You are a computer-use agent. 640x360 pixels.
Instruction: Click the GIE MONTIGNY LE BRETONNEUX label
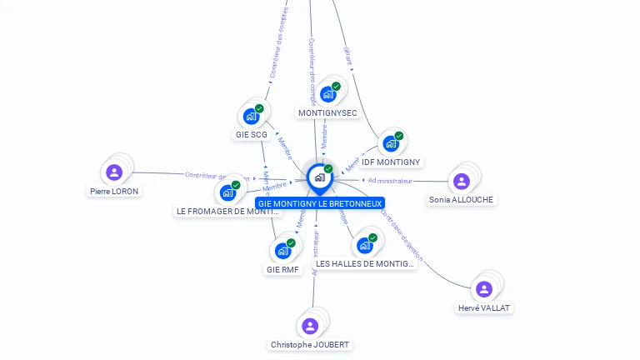point(320,203)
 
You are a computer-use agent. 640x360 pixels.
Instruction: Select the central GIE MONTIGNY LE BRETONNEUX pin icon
point(319,177)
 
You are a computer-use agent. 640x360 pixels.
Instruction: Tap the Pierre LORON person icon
point(115,172)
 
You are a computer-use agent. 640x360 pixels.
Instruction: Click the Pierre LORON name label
point(115,191)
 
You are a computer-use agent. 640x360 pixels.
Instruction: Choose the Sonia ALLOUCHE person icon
point(461,182)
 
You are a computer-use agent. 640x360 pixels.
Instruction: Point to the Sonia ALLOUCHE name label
point(462,200)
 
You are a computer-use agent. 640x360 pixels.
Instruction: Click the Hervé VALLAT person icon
point(484,289)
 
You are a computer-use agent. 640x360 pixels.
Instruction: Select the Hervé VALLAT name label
point(485,307)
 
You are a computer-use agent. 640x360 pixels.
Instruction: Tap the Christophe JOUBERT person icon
point(310,326)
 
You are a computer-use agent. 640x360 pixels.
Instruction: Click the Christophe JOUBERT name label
point(311,344)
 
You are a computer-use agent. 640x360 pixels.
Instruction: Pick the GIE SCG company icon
point(251,116)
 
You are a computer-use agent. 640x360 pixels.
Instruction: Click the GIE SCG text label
point(252,134)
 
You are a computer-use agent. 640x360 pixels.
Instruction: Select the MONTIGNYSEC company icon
point(327,93)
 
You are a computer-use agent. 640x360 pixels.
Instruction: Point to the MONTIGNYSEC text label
point(327,112)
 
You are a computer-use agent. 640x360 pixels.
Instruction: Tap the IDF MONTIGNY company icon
point(390,143)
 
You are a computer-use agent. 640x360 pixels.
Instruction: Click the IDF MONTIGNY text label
point(392,162)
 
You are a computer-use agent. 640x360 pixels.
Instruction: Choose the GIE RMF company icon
point(282,251)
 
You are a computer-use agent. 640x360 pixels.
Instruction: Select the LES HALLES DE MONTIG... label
point(365,263)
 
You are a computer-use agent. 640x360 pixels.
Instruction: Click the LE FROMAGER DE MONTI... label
point(227,211)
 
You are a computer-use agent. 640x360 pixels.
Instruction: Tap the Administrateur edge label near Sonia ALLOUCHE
point(390,180)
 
